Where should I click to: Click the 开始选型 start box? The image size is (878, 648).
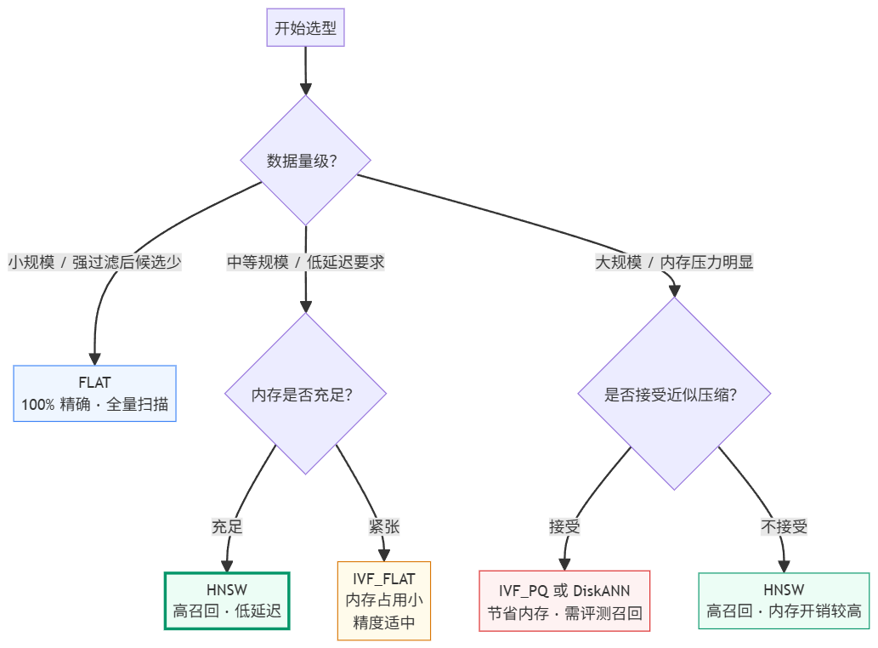305,27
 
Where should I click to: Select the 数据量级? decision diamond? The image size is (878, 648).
305,161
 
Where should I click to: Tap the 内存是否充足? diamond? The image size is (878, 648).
305,394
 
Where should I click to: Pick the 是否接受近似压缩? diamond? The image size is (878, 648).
674,394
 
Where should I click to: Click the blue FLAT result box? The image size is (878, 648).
94,393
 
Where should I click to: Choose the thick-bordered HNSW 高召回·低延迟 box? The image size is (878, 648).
227,600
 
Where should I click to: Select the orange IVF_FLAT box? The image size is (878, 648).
384,600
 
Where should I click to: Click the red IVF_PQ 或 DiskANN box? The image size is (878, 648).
564,601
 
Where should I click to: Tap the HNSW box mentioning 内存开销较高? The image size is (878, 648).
784,600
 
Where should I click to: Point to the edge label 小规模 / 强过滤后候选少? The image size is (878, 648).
94,262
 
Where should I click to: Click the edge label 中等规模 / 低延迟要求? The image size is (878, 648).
306,262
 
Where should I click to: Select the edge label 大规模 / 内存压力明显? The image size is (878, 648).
674,262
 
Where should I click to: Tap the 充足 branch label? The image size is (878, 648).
227,526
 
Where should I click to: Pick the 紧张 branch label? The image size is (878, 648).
384,526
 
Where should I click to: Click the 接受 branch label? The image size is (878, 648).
564,526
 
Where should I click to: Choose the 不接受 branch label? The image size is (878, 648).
784,526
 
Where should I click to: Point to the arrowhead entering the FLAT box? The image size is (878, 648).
94,359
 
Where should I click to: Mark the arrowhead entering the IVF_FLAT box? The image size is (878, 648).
384,555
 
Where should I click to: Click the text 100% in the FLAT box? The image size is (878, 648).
38,404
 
